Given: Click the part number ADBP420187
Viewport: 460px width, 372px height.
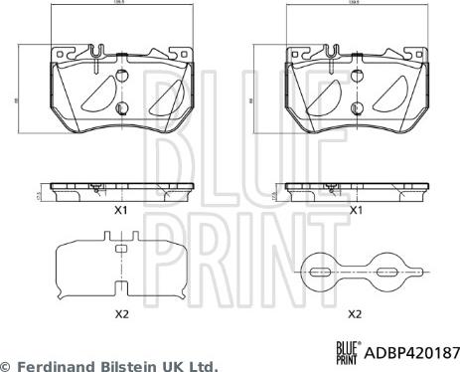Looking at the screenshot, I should (x=415, y=351).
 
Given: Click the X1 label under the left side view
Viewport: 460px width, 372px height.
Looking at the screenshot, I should (x=120, y=210).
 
